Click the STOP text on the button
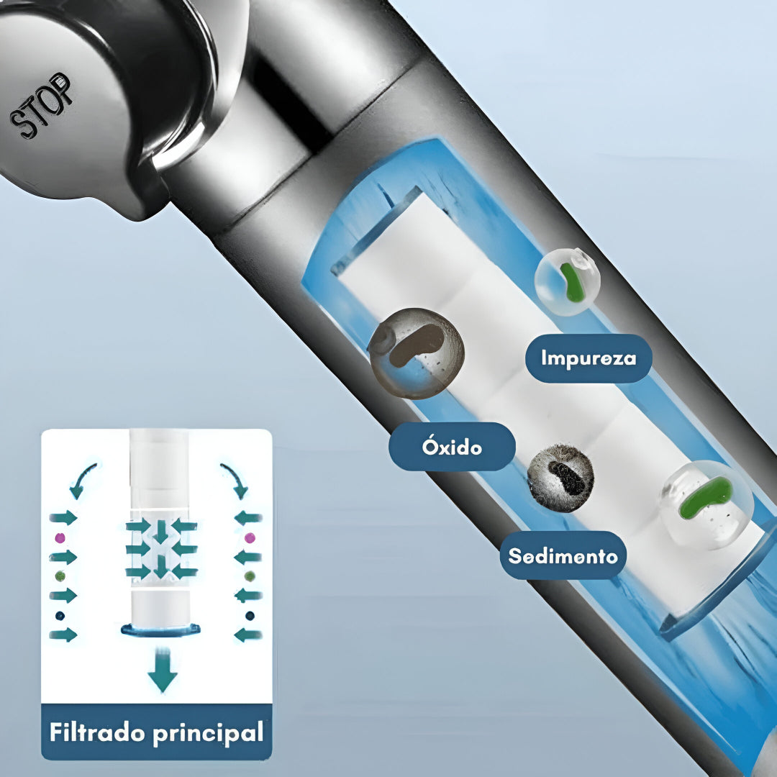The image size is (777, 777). (x=40, y=105)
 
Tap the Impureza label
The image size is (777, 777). (x=589, y=358)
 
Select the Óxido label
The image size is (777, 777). (x=452, y=447)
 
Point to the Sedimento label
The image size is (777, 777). (x=563, y=555)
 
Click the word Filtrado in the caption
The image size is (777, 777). (x=98, y=732)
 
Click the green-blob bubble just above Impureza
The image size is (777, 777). (x=568, y=282)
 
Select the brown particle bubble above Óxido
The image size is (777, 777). (x=417, y=353)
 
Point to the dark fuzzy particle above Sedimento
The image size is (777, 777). (x=560, y=478)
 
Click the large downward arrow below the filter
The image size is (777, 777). (x=162, y=670)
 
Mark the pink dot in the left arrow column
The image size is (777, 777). (x=60, y=537)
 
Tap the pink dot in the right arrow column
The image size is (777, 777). (x=250, y=537)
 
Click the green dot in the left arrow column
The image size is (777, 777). (x=60, y=576)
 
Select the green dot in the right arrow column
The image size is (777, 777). (x=250, y=576)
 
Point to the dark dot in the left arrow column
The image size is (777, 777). (x=60, y=616)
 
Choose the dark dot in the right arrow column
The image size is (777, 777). (x=250, y=616)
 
